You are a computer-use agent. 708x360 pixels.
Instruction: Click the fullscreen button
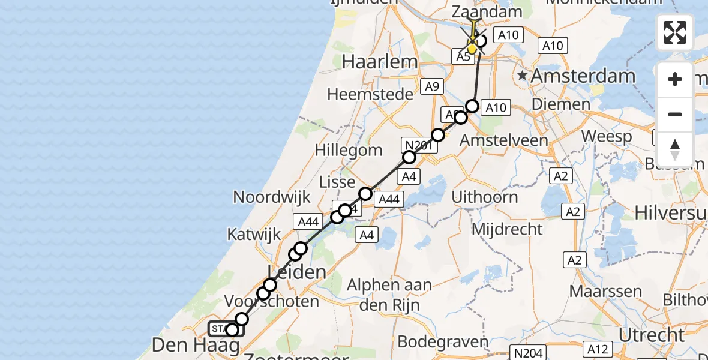coord(675,32)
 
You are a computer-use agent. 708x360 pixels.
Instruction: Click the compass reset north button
coord(675,149)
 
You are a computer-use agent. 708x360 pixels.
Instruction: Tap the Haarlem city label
coord(379,61)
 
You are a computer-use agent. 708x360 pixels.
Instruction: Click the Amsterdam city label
coord(583,76)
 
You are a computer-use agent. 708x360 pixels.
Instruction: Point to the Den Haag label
coord(190,346)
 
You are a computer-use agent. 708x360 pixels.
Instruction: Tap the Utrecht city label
coord(652,335)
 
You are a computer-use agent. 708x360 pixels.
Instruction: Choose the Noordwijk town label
coord(272,197)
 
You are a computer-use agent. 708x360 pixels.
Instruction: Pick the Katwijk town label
coord(254,235)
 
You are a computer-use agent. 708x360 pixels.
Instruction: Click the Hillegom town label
coord(349,149)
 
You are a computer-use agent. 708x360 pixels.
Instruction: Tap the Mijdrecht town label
coord(507,229)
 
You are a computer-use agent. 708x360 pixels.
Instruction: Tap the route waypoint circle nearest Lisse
coord(365,193)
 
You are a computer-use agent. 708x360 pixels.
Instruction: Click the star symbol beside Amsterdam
coord(523,76)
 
